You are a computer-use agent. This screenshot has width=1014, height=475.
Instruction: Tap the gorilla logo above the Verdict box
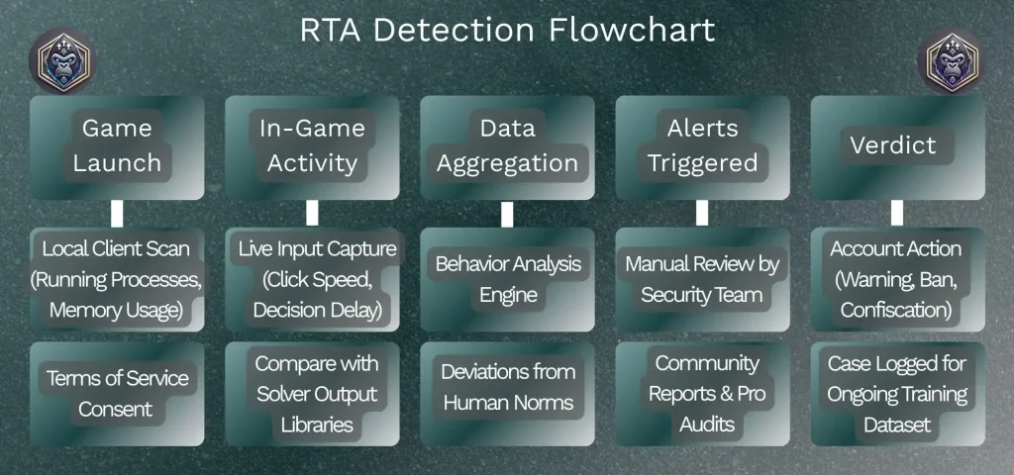pyautogui.click(x=952, y=59)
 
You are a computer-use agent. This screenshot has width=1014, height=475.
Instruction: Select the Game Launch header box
pyautogui.click(x=117, y=146)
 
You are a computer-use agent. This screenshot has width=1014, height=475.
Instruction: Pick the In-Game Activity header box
pyautogui.click(x=312, y=146)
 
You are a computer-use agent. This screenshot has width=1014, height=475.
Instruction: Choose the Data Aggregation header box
pyautogui.click(x=507, y=146)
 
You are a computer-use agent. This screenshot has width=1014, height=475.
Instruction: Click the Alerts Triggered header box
pyautogui.click(x=702, y=146)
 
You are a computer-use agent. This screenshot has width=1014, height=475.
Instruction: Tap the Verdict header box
pyautogui.click(x=897, y=146)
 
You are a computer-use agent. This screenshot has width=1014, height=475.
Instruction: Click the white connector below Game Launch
pyautogui.click(x=117, y=213)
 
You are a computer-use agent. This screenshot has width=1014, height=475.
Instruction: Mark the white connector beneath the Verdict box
pyautogui.click(x=897, y=213)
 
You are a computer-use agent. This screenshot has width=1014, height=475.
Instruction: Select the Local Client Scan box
pyautogui.click(x=117, y=279)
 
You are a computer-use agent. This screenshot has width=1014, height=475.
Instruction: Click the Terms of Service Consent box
pyautogui.click(x=117, y=392)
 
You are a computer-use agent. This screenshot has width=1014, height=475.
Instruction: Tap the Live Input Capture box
pyautogui.click(x=312, y=279)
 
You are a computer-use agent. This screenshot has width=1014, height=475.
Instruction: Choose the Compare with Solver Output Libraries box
pyautogui.click(x=312, y=394)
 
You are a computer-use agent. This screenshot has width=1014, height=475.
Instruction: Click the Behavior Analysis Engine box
pyautogui.click(x=507, y=279)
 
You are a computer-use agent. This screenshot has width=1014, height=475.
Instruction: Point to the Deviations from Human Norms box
pyautogui.click(x=507, y=388)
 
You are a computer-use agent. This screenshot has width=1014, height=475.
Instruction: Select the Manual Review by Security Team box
pyautogui.click(x=702, y=279)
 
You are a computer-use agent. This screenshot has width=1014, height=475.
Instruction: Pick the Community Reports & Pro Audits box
pyautogui.click(x=702, y=394)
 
